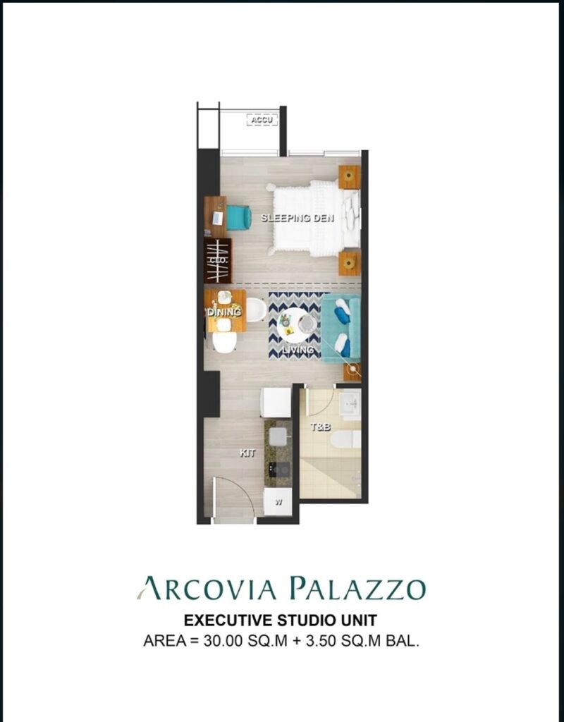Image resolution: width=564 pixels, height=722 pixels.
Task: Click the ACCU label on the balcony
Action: coord(262,120)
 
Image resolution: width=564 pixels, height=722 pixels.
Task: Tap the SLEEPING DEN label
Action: coord(298,218)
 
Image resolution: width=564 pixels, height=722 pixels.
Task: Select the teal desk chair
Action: coord(238,217)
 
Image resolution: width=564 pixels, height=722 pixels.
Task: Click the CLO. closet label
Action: coord(218,261)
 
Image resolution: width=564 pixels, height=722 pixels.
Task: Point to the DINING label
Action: coord(224,312)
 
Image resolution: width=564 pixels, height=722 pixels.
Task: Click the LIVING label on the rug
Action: coord(298,350)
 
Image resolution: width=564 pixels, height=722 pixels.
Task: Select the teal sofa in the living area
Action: coord(341,329)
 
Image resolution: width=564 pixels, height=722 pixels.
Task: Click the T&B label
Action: coord(321,427)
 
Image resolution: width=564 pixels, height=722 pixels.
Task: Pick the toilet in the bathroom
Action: coord(345,439)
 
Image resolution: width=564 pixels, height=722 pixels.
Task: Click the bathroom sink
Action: coord(350,405)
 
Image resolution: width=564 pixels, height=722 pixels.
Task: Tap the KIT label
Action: coord(247,453)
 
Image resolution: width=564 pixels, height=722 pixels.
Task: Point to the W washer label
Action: coord(278,502)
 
